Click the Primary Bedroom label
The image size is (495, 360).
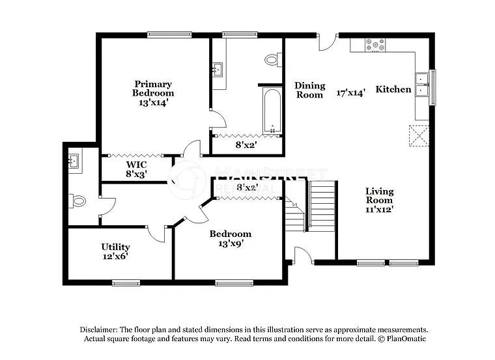[153, 89]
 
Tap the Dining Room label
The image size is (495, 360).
[309, 90]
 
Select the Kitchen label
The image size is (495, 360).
[393, 89]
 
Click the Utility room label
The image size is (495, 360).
[115, 247]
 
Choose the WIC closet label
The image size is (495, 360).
[136, 165]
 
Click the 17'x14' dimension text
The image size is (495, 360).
[350, 92]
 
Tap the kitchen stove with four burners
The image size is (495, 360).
[375, 45]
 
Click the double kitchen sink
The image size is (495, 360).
[422, 86]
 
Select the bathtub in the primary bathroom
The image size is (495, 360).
[272, 109]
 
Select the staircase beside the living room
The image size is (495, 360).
[321, 205]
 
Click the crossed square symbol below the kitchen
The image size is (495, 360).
[418, 135]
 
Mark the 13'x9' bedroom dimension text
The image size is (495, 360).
[231, 244]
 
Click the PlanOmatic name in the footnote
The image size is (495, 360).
[406, 339]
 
